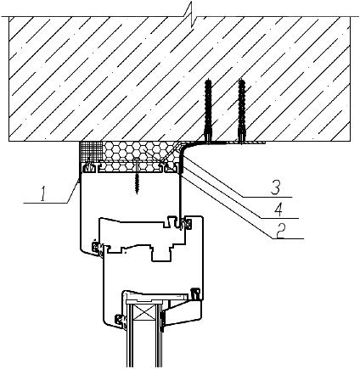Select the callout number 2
pyautogui.click(x=280, y=232)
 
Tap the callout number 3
pyautogui.click(x=275, y=189)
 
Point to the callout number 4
pyautogui.click(x=279, y=210)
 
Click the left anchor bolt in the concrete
pyautogui.click(x=209, y=111)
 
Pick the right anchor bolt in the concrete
pyautogui.click(x=241, y=111)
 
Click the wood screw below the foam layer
pyautogui.click(x=137, y=176)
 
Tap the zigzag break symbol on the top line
pyautogui.click(x=191, y=14)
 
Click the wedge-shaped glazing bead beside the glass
pyautogui.click(x=183, y=312)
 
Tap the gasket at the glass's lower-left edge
pyautogui.click(x=121, y=321)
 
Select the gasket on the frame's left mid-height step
pyautogui.click(x=98, y=249)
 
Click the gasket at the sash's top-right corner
pyautogui.click(x=187, y=222)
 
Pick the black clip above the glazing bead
pyautogui.click(x=195, y=294)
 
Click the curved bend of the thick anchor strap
pyautogui.click(x=184, y=148)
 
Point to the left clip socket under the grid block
pyautogui.click(x=88, y=167)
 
